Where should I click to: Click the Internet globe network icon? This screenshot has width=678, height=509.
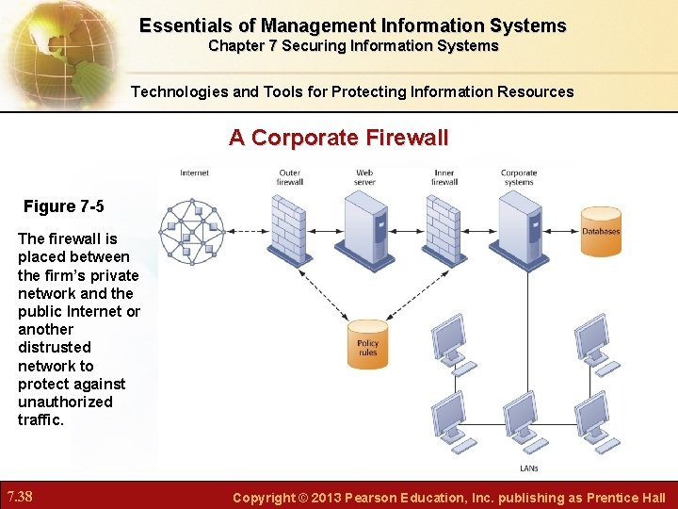click(192, 231)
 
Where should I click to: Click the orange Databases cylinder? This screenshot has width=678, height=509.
click(601, 231)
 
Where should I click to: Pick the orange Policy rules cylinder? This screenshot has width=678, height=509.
click(367, 345)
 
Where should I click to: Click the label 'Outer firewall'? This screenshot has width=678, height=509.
click(289, 177)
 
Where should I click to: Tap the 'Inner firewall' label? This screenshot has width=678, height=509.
click(444, 177)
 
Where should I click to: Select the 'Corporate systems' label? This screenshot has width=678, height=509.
click(519, 177)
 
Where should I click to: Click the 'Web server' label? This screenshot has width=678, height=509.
click(364, 177)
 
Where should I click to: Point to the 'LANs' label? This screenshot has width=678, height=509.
click(529, 468)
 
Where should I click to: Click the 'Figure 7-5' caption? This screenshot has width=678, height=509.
click(62, 206)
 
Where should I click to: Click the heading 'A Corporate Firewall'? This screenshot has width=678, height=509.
click(338, 138)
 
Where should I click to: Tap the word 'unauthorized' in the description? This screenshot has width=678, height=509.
click(65, 402)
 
